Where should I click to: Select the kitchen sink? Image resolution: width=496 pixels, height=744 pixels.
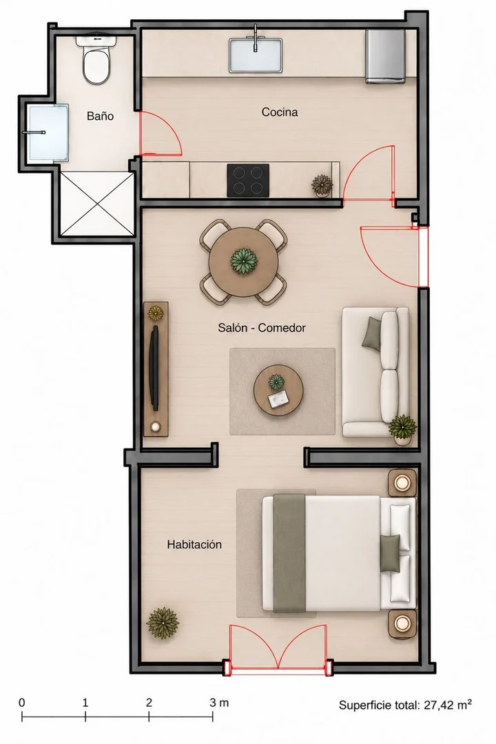coord(256,55)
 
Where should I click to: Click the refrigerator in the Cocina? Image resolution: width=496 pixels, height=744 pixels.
coord(385,56)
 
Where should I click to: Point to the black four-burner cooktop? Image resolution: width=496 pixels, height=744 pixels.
coord(248,180)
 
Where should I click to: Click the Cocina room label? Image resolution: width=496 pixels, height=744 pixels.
coord(280,112)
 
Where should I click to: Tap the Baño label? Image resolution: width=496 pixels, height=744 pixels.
coord(100,116)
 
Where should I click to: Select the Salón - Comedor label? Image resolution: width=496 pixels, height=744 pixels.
coord(262,327)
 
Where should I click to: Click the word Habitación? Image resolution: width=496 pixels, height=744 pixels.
coord(194,544)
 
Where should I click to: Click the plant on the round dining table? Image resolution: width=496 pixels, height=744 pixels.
coord(244,260)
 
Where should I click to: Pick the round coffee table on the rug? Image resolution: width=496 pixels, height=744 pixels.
coord(278,391)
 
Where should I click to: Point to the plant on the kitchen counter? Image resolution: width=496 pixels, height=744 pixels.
coord(322,184)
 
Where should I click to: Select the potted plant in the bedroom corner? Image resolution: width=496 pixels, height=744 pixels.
coord(163,623)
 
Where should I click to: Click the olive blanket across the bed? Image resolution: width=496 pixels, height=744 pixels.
coord(289,553)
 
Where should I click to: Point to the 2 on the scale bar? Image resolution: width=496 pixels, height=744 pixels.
coord(149,702)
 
